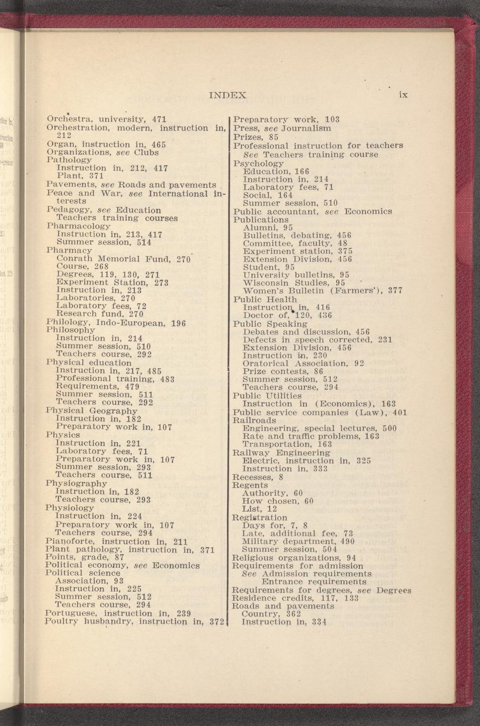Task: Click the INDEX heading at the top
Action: coord(228,95)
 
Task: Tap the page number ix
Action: coord(403,95)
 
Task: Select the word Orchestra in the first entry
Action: coord(66,119)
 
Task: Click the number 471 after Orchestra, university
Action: coord(159,119)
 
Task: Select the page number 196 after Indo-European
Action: coord(179,322)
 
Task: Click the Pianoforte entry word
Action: coord(70,541)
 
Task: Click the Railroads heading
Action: coord(254,420)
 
